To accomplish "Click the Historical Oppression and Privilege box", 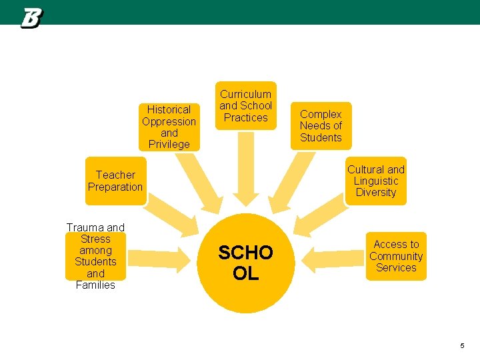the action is (169, 127).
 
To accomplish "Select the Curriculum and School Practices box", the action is (246, 106).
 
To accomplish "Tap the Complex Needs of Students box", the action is (321, 126).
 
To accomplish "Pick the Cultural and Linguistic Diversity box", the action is (375, 181).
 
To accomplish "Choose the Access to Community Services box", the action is (396, 256).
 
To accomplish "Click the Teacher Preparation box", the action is (115, 181).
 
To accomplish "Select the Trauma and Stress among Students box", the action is (95, 256).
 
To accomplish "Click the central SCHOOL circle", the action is (246, 263).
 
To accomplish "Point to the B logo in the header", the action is (31, 18).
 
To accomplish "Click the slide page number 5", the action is (461, 345).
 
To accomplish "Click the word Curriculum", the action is (246, 94).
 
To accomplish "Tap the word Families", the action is (95, 285).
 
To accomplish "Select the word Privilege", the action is (169, 144).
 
